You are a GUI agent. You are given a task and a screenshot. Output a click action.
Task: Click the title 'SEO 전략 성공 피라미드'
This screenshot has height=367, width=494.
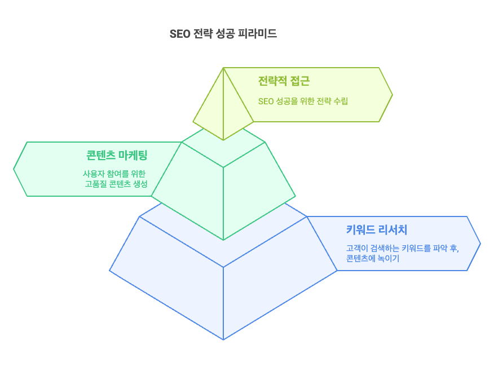223,34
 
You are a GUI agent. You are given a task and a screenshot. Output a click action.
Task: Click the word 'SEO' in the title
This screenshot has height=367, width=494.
180,34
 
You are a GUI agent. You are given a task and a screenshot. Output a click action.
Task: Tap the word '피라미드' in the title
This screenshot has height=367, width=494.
257,34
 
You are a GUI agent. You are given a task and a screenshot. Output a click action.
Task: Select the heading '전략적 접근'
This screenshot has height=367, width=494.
284,81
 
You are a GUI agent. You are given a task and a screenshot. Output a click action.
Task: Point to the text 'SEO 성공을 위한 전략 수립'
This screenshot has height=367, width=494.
303,101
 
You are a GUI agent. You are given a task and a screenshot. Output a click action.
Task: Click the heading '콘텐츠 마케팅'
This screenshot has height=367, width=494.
117,155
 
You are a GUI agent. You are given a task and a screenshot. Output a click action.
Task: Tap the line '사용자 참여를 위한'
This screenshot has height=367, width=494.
114,174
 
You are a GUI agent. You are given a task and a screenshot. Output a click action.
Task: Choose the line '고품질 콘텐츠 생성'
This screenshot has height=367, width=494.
116,184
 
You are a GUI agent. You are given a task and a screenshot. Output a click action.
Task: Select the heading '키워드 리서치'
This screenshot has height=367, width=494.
377,229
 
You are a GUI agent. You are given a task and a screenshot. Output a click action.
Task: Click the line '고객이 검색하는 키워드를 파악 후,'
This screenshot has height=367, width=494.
402,248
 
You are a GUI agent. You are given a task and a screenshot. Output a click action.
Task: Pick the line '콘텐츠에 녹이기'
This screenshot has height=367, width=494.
373,258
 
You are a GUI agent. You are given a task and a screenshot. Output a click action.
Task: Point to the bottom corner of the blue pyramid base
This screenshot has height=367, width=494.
223,339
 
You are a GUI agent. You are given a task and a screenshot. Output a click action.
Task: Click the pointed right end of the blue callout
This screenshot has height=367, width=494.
480,244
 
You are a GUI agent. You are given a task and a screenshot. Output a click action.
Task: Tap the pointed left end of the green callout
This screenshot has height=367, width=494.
14,169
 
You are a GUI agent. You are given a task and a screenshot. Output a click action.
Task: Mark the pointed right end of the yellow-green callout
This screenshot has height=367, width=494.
392,95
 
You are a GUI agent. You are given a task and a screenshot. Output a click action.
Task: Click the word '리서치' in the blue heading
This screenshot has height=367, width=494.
392,229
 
